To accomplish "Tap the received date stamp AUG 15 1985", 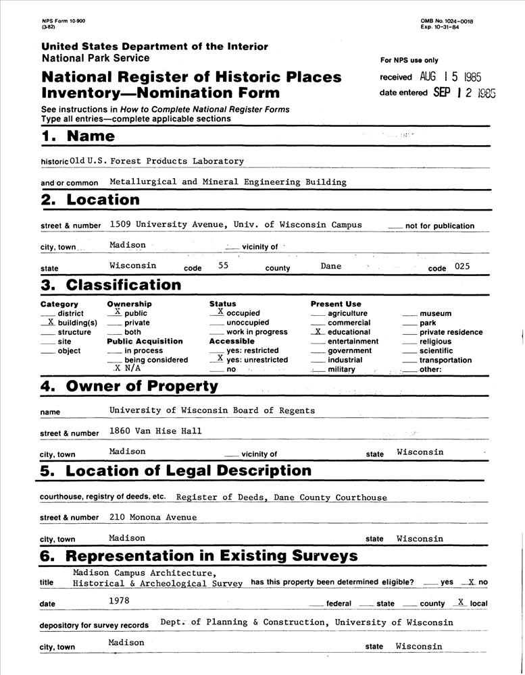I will pyautogui.click(x=450, y=78).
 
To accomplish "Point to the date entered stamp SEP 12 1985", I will pyautogui.click(x=464, y=93).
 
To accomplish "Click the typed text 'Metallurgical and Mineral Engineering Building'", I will pyautogui.click(x=228, y=182).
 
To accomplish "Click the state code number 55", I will pyautogui.click(x=224, y=267).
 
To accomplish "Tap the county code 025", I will pyautogui.click(x=461, y=267).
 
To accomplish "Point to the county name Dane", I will pyautogui.click(x=331, y=266).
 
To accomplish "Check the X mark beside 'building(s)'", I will pyautogui.click(x=51, y=322).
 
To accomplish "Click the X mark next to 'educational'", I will pyautogui.click(x=318, y=331).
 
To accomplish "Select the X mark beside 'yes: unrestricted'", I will pyautogui.click(x=220, y=358).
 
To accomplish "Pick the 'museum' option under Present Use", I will pyautogui.click(x=435, y=314).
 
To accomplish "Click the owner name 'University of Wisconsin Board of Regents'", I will pyautogui.click(x=211, y=410).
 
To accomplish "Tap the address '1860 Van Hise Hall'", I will pyautogui.click(x=155, y=431).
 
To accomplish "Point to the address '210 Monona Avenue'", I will pyautogui.click(x=153, y=517).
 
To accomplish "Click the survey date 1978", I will pyautogui.click(x=119, y=599).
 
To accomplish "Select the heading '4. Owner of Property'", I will pyautogui.click(x=129, y=387).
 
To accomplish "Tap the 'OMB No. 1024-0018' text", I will pyautogui.click(x=447, y=22).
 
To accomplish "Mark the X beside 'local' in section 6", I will pyautogui.click(x=460, y=601).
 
